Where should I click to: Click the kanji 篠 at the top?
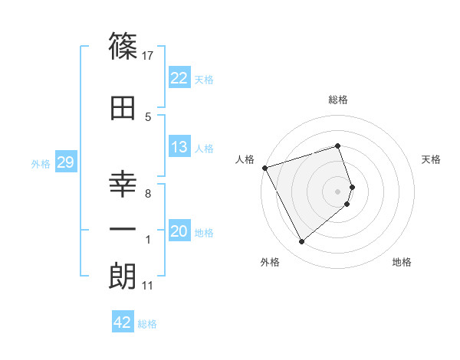coord(123,47)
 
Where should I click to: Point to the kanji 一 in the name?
coord(123,228)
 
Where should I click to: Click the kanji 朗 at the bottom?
coord(123,277)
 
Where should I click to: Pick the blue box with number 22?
coord(179,78)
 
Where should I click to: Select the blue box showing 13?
coord(179,147)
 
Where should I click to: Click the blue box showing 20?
coord(179,232)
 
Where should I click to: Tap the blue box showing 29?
coord(65,162)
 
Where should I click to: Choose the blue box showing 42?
coord(123,322)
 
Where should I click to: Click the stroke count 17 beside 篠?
coord(149,55)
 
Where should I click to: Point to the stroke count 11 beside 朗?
coord(148,286)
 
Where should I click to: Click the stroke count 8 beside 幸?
coord(148,194)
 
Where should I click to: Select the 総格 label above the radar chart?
coord(338,100)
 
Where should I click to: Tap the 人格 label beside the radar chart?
coord(245,159)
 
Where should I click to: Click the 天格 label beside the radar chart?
coord(431,159)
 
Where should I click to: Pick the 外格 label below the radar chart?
coord(270,262)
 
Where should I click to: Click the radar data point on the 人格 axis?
coord(264,167)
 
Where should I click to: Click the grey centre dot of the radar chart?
coord(338,191)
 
